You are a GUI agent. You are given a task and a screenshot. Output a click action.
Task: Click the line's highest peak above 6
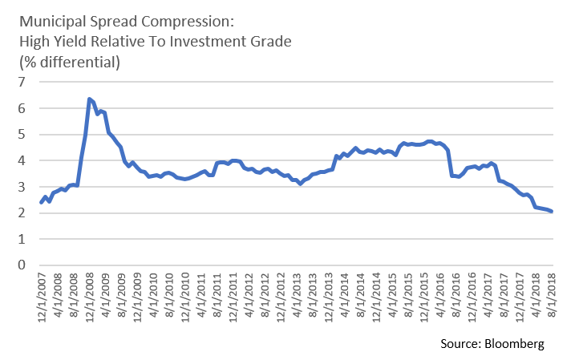click(88, 99)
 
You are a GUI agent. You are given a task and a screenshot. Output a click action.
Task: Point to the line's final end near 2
click(552, 212)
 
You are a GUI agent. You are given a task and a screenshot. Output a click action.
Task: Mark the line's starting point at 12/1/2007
click(41, 202)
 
